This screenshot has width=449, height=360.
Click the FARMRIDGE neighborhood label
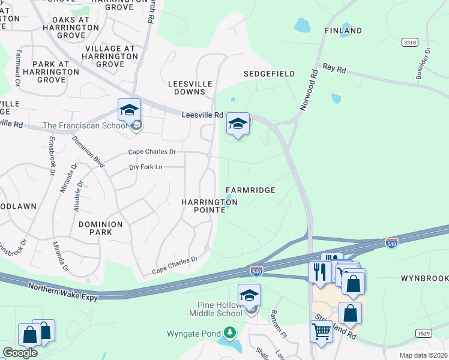250,190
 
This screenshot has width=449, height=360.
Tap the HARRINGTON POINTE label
209,206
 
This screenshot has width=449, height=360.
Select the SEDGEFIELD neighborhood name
269,74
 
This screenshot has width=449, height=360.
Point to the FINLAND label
343,31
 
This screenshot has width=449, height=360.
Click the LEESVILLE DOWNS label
190,88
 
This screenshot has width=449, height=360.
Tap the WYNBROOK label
424,279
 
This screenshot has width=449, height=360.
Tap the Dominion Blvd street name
88,152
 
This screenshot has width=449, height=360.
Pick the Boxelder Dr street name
420,68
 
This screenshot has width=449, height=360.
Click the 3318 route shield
410,43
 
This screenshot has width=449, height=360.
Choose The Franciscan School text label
85,125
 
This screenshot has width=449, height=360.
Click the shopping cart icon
322,331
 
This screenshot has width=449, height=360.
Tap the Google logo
20,353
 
